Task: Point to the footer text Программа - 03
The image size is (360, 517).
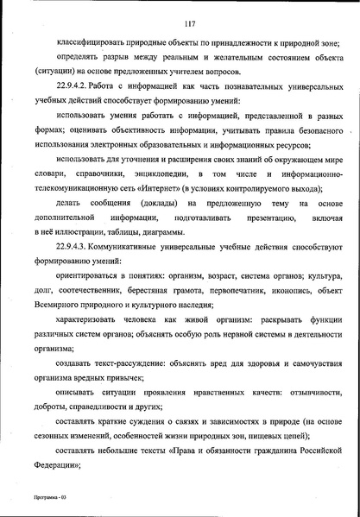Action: pos(40,497)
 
